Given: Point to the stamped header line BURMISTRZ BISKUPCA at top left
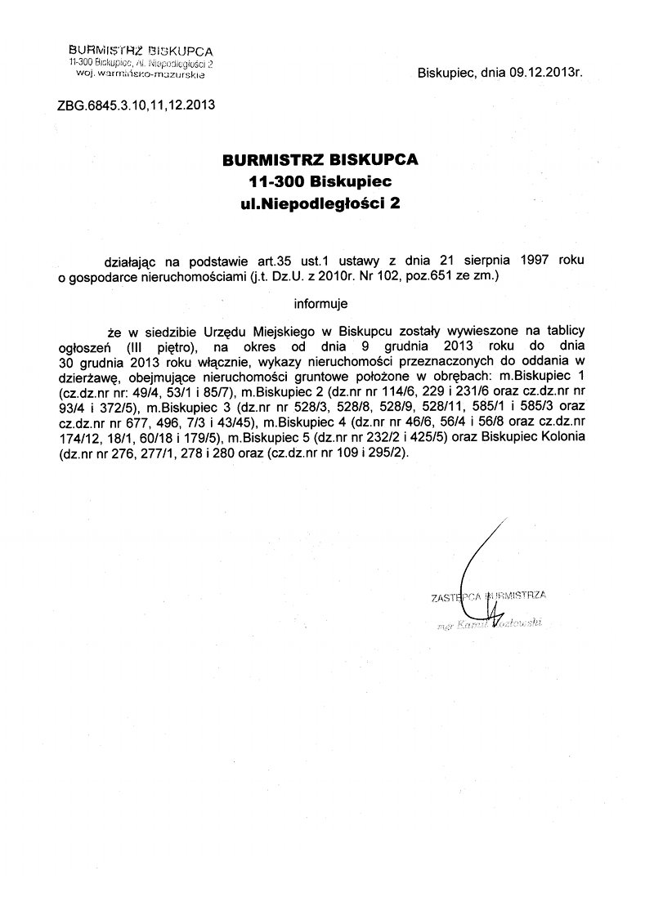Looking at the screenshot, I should (136, 51).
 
